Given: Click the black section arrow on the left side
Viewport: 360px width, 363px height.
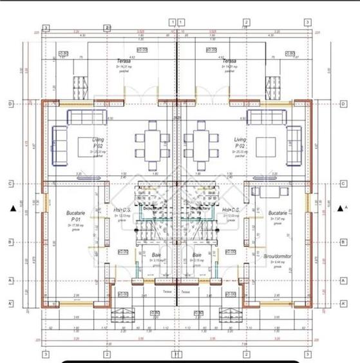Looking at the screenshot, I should click(x=12, y=208).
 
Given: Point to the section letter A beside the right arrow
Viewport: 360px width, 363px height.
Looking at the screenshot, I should click(x=346, y=208).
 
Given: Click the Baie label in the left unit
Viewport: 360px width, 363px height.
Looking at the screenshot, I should click(x=156, y=256).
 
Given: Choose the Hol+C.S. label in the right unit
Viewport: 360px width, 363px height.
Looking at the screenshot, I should click(x=230, y=210).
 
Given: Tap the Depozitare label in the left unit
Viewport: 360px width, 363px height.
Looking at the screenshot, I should click(x=152, y=208).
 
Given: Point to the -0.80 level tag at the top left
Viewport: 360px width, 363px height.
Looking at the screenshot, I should click(x=64, y=54).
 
